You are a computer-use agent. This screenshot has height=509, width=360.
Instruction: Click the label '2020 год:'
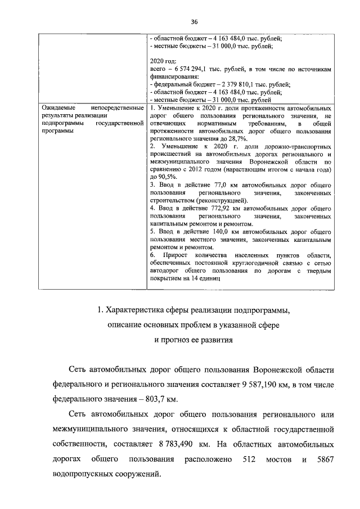pos(164,61)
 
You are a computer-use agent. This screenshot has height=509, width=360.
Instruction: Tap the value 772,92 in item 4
pos(217,208)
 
